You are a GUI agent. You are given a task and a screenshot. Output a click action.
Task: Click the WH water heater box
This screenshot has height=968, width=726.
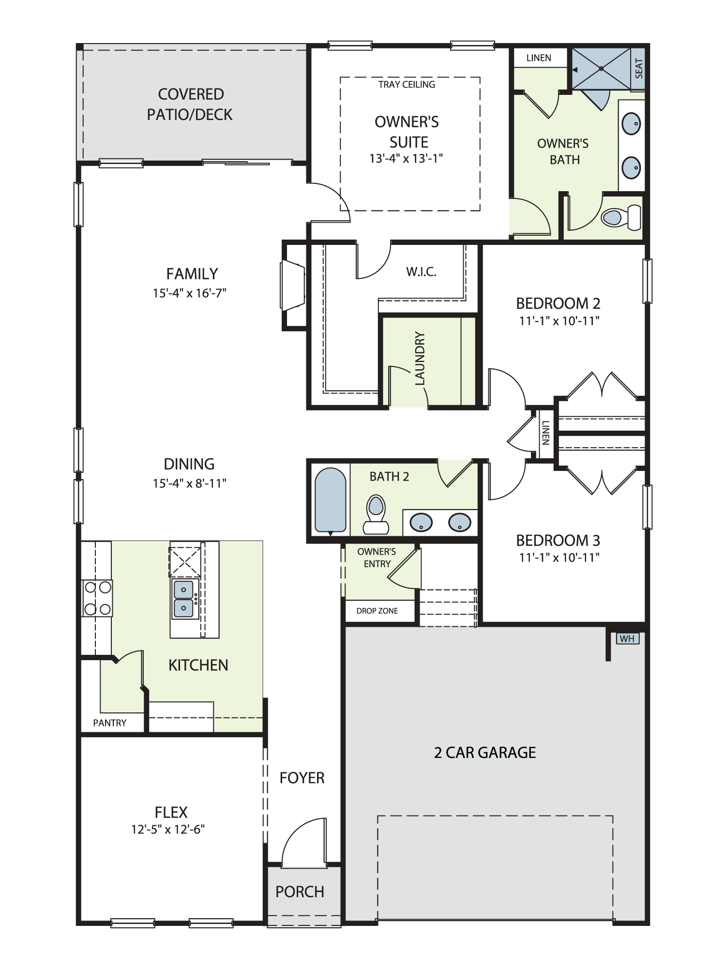pos(627,638)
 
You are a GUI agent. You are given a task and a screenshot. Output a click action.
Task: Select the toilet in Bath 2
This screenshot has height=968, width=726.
pos(376,514)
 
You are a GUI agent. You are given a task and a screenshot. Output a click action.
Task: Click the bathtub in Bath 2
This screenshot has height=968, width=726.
pos(331,500)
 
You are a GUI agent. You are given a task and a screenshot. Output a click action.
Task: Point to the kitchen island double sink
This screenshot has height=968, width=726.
pos(183,599)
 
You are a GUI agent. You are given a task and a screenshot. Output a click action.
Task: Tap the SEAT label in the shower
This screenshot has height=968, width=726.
pos(639,68)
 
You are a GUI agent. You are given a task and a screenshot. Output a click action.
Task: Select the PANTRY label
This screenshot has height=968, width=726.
pos(110,723)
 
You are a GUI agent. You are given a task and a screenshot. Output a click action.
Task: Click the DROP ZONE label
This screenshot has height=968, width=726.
pos(377,611)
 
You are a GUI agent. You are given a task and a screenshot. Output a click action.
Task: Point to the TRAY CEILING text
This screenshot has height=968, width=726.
pos(407,85)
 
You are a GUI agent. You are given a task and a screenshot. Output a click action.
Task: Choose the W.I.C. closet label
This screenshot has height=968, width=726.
pos(421,272)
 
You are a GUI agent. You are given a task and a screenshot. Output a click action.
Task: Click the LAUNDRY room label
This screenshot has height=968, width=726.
pos(420,358)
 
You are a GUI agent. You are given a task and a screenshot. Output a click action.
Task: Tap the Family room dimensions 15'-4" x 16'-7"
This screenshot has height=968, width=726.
pos(190,293)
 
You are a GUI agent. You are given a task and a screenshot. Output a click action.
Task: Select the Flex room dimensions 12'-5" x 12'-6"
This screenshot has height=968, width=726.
pos(168,829)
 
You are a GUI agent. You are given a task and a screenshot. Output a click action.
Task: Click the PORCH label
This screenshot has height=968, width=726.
pos(300,892)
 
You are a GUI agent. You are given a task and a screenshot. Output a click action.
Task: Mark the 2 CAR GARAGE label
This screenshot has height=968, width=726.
pos(485,753)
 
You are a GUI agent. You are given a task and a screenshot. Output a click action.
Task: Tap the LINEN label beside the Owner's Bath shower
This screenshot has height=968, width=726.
pos(539,58)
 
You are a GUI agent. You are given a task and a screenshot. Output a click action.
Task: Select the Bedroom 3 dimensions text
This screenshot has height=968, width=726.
pos(559,558)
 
